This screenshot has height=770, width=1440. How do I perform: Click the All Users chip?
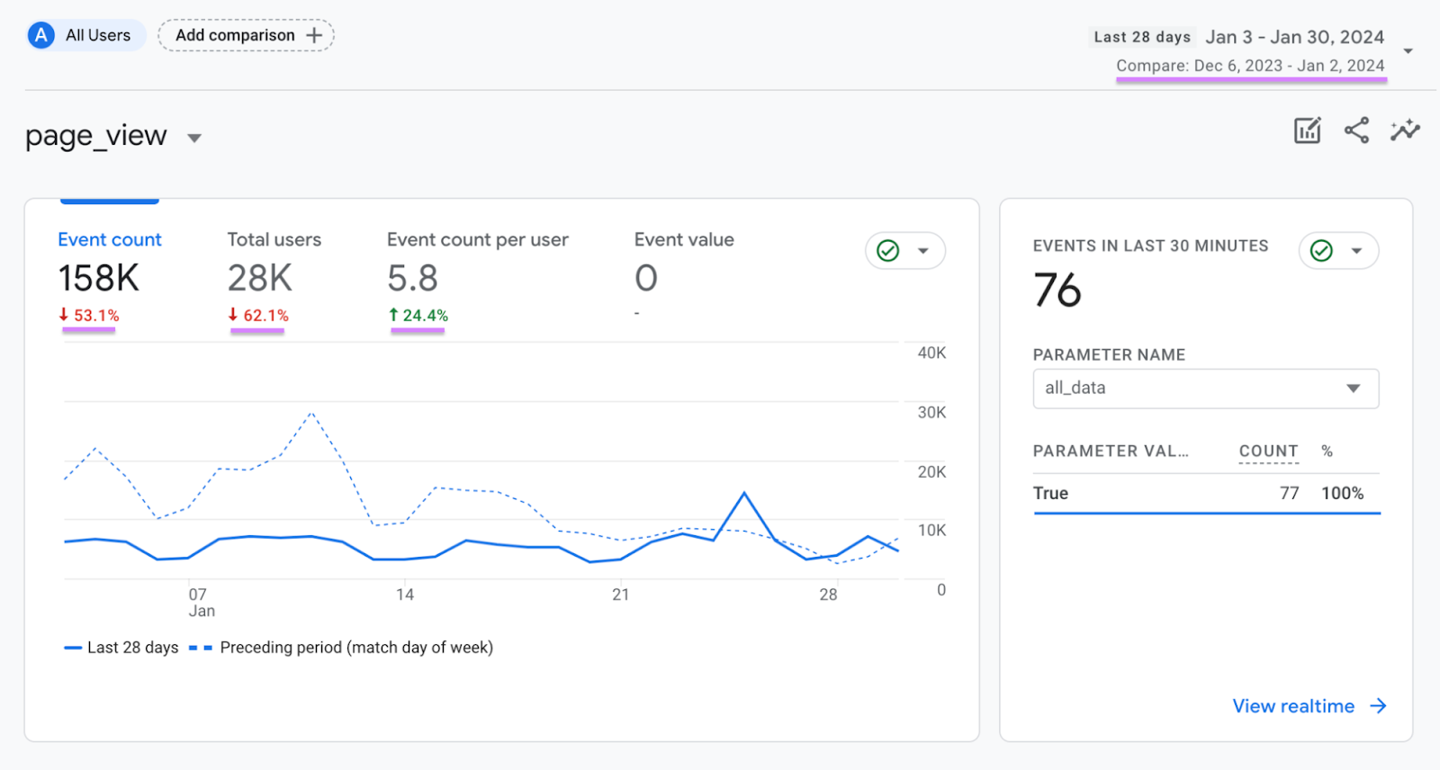[85, 35]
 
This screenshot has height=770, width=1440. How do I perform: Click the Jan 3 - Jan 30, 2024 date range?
[1294, 37]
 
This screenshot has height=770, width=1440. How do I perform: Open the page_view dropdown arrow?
[194, 138]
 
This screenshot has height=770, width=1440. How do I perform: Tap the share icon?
[1356, 130]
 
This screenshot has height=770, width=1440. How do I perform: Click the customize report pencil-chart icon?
[1307, 130]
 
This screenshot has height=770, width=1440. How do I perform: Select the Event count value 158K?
[99, 278]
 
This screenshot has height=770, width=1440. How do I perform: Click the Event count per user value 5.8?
[412, 278]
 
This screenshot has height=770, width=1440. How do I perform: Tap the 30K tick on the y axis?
[931, 412]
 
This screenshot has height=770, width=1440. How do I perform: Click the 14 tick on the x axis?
[405, 595]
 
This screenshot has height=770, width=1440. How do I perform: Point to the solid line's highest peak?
[744, 493]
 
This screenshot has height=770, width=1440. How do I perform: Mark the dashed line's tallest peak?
[311, 413]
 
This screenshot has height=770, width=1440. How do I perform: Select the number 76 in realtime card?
[1057, 291]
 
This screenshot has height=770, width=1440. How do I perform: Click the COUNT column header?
[1268, 451]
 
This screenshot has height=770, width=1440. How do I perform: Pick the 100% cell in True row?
[1342, 493]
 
